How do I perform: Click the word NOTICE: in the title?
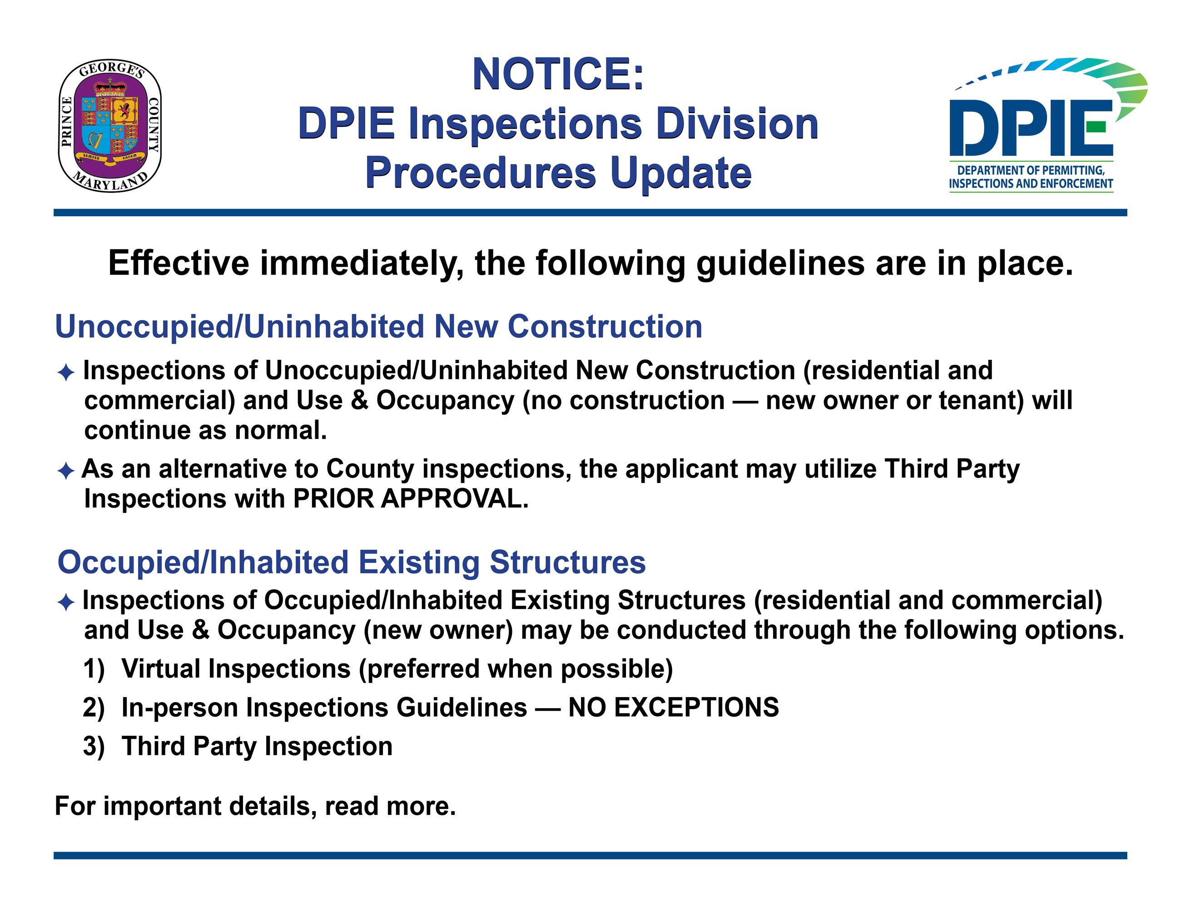coord(559,74)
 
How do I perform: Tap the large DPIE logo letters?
coord(1031,128)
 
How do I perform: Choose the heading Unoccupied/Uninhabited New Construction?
coord(378,327)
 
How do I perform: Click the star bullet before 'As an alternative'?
coord(65,470)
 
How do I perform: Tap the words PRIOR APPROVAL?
coord(411,499)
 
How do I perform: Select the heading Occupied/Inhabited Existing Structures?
coord(352,562)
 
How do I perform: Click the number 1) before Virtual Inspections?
coord(94,669)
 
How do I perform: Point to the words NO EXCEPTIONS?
coord(674,707)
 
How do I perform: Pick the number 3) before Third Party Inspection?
coord(94,746)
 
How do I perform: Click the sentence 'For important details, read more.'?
coord(255,806)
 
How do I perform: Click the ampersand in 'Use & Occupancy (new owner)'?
coord(201,629)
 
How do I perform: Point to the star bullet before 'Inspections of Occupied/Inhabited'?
coord(65,603)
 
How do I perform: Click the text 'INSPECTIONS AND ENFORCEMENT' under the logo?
coord(1031,183)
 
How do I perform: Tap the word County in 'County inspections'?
coord(370,469)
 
